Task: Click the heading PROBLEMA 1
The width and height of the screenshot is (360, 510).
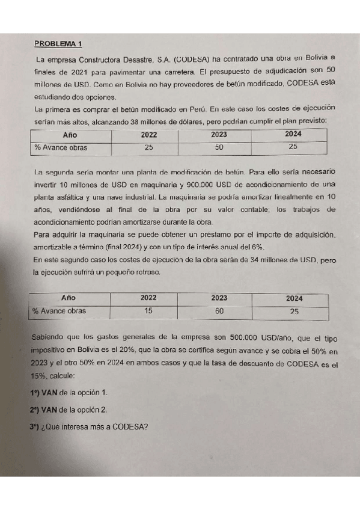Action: pyautogui.click(x=59, y=43)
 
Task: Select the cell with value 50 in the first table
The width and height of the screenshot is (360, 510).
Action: pyautogui.click(x=219, y=147)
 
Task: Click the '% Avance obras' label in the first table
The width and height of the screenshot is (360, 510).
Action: pyautogui.click(x=60, y=147)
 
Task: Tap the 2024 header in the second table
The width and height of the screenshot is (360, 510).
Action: pyautogui.click(x=294, y=298)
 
